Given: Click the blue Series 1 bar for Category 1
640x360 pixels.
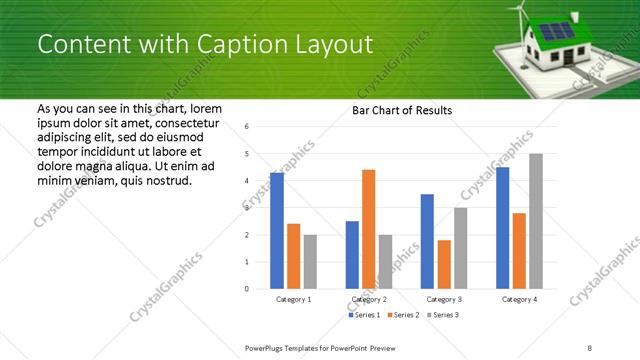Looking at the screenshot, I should [x=277, y=231].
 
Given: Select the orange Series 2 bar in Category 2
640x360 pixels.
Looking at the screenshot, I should [x=368, y=229].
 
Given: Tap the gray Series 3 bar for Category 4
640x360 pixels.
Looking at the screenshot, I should [x=536, y=221].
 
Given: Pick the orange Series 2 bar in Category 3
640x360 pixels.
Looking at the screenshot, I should [x=444, y=264].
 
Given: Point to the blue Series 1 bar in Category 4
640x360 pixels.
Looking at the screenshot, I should [x=503, y=228].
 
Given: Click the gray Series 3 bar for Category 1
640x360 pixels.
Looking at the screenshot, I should [x=310, y=262].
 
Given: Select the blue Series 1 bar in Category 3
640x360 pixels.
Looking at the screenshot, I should [x=427, y=241].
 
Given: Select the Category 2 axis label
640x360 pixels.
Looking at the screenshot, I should [x=369, y=300].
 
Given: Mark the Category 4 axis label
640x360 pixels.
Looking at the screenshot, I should [x=519, y=300].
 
